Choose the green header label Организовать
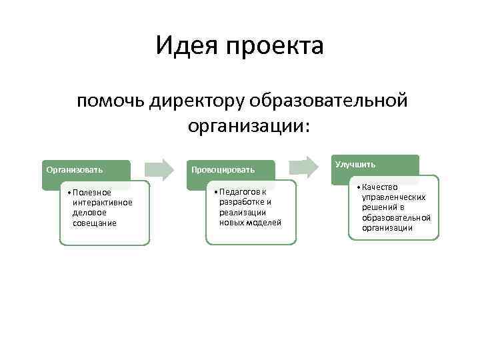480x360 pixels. point(69,169)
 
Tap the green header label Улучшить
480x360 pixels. point(355,164)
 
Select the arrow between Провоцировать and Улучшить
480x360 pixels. point(303,165)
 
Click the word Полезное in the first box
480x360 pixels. point(94,193)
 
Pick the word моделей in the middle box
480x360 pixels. point(265,221)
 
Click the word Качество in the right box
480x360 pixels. point(381,187)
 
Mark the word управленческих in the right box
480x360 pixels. point(393,197)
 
